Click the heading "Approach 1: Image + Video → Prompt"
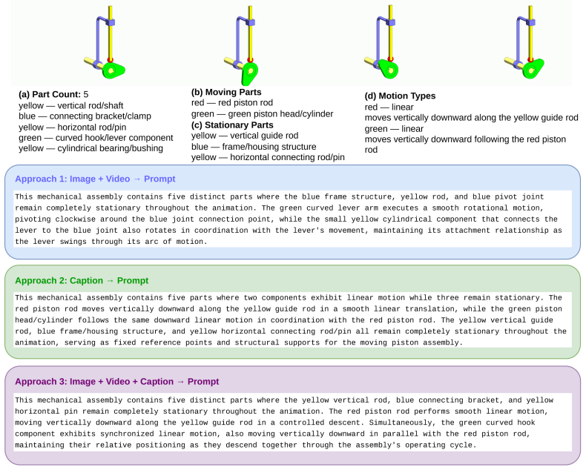95,179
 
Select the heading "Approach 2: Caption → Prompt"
82,280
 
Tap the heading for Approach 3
117,382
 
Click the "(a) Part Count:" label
50,94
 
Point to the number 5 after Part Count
86,94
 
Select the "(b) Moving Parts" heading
226,92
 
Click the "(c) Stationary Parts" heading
232,125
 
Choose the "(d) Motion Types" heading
400,96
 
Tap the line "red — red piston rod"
232,103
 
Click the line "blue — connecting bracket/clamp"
85,116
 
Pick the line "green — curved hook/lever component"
96,138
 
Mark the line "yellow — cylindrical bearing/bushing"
90,148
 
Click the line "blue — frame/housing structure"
254,147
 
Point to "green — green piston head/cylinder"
262,114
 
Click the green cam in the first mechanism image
113,70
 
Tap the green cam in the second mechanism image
250,73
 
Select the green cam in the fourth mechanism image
533,69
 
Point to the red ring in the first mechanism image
111,59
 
